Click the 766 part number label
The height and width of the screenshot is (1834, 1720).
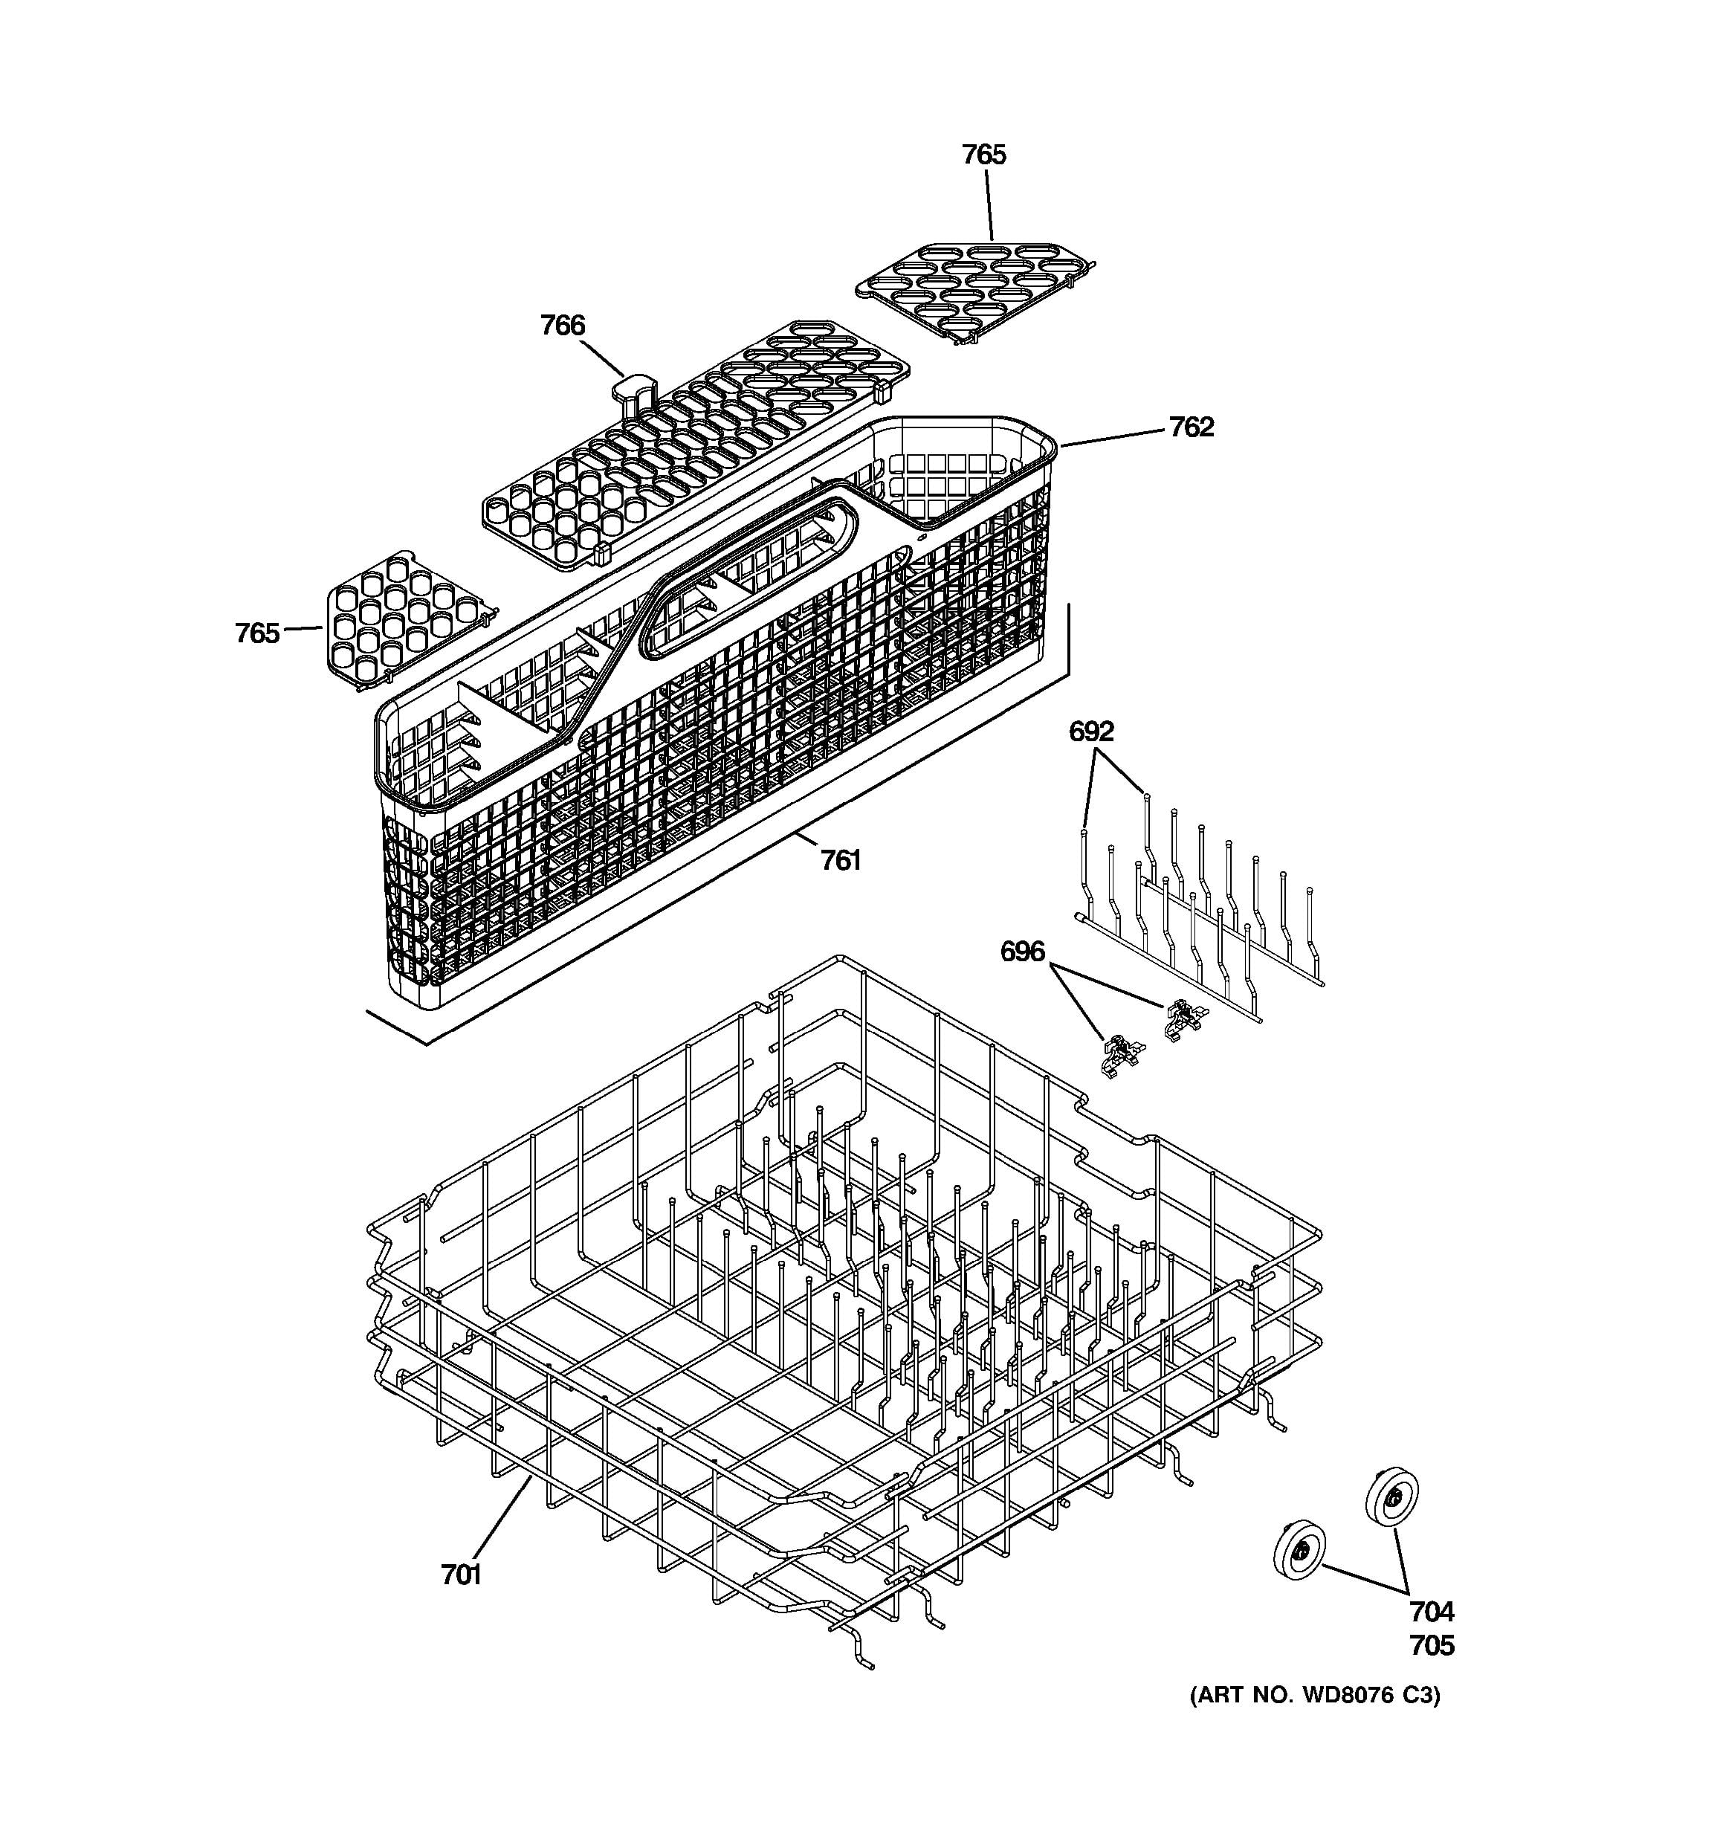click(x=563, y=326)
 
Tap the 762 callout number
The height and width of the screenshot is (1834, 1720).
click(x=1192, y=427)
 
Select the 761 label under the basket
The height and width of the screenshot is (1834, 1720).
click(x=840, y=861)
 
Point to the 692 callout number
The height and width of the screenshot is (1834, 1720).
click(x=1092, y=732)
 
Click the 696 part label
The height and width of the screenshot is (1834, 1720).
click(x=1023, y=951)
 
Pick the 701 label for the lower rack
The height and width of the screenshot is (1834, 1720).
click(x=461, y=1575)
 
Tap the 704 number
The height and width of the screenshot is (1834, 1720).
click(x=1432, y=1612)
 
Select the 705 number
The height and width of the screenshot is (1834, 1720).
click(x=1432, y=1646)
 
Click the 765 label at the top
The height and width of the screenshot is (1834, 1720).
click(x=984, y=155)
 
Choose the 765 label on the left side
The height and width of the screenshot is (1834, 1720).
click(x=257, y=634)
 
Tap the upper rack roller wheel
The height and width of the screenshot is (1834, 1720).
click(x=1391, y=1496)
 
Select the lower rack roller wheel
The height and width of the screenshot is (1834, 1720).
click(x=1299, y=1551)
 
